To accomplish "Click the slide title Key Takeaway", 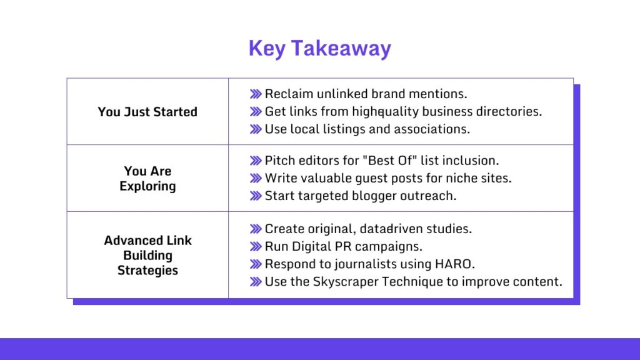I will click(319, 49).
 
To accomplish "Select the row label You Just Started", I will click(147, 112).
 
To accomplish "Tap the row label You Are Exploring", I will click(147, 178).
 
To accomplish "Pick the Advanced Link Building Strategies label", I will click(147, 255).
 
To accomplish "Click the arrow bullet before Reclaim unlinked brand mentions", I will click(255, 94).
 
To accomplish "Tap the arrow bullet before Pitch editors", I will click(255, 161).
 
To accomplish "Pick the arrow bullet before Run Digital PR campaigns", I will click(255, 246).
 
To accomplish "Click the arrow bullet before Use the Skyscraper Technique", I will click(255, 281).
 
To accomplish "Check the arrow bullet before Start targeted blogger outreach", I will click(255, 196).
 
